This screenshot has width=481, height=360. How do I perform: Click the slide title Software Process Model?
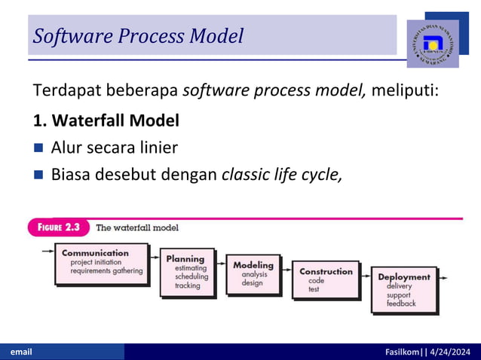click(138, 35)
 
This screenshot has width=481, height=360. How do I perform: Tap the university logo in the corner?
click(432, 44)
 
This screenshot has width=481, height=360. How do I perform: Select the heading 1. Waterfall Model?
click(106, 120)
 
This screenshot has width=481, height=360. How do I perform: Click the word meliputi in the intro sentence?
click(405, 92)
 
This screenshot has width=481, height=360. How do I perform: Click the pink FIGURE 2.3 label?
click(60, 227)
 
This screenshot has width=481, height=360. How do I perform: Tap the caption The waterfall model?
click(137, 227)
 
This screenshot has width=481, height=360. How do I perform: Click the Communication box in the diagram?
click(100, 262)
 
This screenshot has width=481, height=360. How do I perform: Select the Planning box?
click(187, 272)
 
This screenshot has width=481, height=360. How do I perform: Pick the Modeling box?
click(253, 274)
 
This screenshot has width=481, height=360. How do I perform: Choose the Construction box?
click(325, 280)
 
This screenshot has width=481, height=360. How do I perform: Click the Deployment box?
click(403, 289)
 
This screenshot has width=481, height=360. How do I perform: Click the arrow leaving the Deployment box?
click(446, 278)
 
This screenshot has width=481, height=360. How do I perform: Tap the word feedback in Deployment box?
click(401, 304)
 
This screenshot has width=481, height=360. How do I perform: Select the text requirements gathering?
click(106, 271)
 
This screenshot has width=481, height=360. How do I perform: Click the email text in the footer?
click(20, 352)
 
